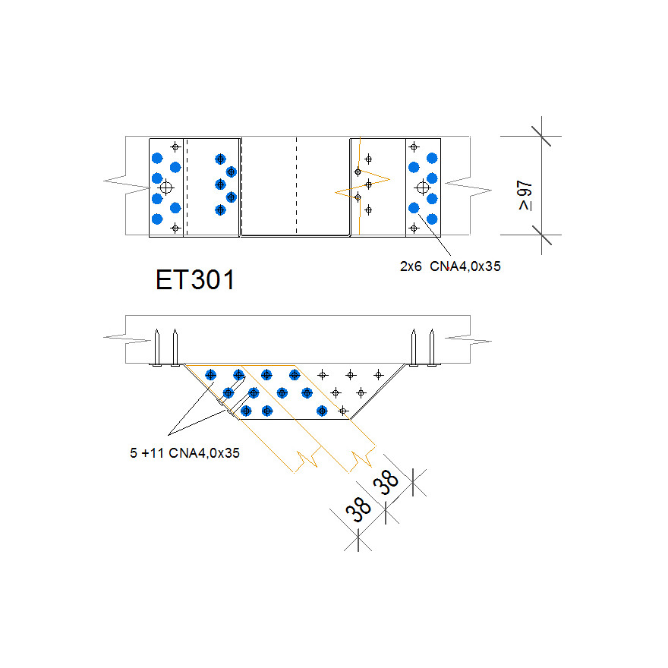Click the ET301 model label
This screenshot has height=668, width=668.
[195, 279]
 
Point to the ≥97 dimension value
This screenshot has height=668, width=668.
[525, 195]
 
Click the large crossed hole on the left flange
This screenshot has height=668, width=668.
[167, 186]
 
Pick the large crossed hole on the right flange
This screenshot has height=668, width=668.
[423, 187]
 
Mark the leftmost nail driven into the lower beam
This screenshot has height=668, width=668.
[156, 347]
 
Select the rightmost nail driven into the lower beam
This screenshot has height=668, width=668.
[432, 347]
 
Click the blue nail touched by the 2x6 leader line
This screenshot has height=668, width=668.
[414, 207]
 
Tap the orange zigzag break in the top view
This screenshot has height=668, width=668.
[362, 181]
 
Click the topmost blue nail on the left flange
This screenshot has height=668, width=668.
[157, 158]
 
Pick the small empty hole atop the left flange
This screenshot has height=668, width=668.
[175, 146]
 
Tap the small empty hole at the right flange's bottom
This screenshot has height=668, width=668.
[414, 227]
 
